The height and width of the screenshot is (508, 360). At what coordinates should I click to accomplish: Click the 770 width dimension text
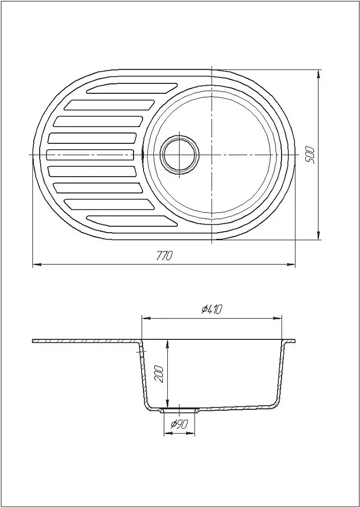[x=164, y=256]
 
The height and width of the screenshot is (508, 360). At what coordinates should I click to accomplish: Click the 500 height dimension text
[x=310, y=155]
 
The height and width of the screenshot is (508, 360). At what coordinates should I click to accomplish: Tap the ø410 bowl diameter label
[x=211, y=310]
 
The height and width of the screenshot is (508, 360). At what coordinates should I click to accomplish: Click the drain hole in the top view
[x=180, y=155]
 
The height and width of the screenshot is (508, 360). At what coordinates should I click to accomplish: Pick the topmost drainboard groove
[x=132, y=88]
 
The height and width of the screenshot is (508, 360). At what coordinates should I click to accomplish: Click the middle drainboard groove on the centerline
[x=90, y=155]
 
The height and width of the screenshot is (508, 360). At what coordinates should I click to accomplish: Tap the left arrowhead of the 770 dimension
[x=36, y=265]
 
